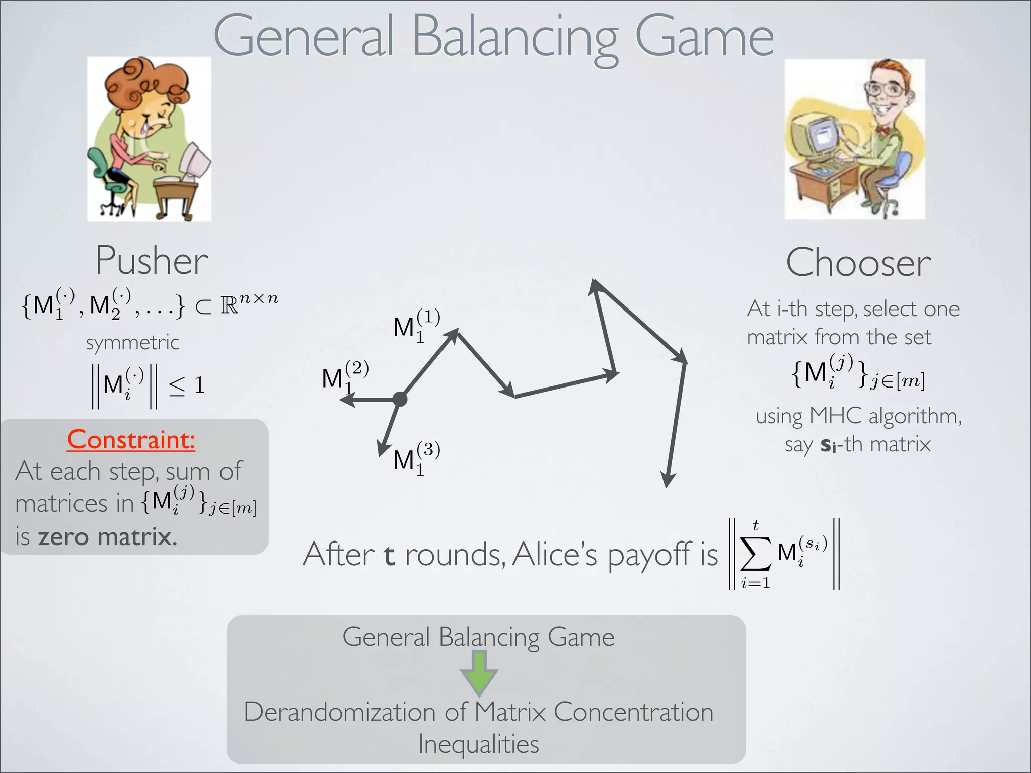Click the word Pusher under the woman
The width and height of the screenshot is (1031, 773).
click(152, 261)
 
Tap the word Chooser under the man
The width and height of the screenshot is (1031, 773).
click(858, 263)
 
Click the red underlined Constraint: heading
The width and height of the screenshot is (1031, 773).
click(131, 439)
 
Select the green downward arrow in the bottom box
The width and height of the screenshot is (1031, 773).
click(479, 672)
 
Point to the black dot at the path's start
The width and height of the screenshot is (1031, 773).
click(400, 399)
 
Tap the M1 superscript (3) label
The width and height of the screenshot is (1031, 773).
click(416, 458)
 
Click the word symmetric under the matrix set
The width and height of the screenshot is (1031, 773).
click(132, 343)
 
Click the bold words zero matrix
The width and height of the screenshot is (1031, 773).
click(108, 536)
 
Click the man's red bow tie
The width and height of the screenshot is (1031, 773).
click(882, 130)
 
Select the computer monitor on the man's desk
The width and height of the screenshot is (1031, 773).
click(818, 136)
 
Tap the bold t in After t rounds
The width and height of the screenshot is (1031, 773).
click(389, 555)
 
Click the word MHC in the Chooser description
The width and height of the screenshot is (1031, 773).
click(836, 416)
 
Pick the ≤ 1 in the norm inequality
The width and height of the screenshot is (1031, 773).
click(186, 385)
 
